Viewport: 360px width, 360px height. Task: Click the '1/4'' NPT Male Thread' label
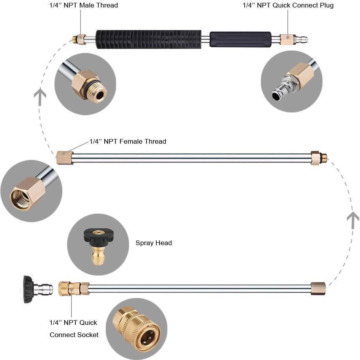[x=84, y=5]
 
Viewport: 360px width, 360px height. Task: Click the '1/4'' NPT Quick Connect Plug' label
[x=288, y=5]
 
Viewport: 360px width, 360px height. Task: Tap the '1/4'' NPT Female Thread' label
[x=127, y=141]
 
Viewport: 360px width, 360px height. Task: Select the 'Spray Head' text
[x=154, y=243]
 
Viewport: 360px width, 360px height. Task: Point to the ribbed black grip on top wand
[x=148, y=39]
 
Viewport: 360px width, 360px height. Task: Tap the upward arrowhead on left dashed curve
[x=40, y=96]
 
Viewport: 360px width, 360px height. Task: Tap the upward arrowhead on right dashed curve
[x=352, y=218]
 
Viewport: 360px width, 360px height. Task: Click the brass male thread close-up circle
[x=85, y=84]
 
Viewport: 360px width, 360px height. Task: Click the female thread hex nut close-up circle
[x=31, y=191]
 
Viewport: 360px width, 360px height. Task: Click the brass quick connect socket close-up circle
[x=136, y=329]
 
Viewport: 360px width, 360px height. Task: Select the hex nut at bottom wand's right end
[x=318, y=289]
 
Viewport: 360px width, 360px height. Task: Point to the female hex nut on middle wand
[x=64, y=158]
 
